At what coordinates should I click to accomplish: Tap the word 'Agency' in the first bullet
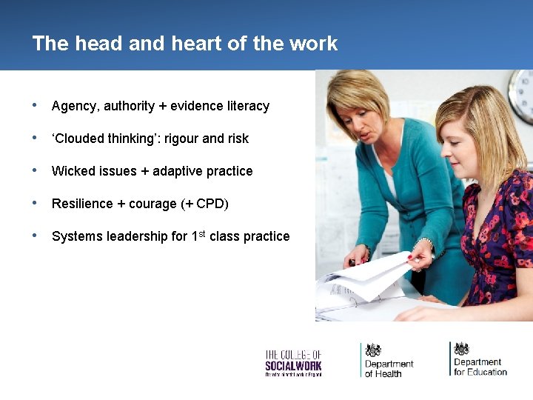point(74,107)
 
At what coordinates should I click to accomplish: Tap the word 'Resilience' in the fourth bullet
point(82,204)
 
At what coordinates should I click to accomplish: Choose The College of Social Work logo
point(293,362)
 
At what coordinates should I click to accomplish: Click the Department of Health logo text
point(389,368)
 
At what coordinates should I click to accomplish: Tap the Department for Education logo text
point(480,367)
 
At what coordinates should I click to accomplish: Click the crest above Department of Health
point(374,350)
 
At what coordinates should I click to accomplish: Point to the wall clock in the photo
point(523,96)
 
